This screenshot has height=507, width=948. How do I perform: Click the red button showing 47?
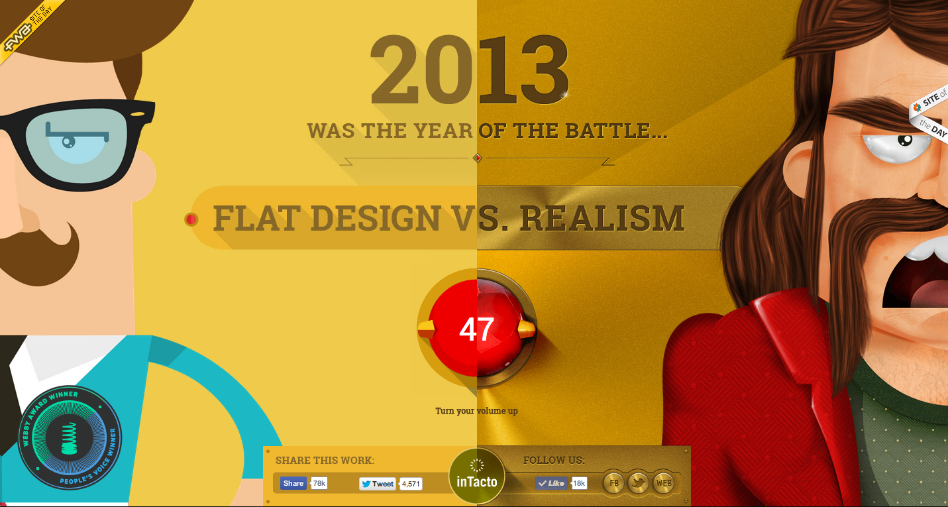point(477,328)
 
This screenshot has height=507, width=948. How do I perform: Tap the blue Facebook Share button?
point(293,483)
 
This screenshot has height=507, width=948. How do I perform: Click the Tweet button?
point(378,484)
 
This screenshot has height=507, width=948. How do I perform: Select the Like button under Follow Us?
point(551,483)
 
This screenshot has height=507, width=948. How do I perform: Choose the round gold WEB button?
point(664,483)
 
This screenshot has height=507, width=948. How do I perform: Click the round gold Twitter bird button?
point(638,483)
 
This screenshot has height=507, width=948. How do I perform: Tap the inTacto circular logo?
point(477,477)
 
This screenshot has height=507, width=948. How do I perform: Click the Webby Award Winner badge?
point(70,438)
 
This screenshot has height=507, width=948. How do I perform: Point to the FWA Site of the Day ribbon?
point(30,30)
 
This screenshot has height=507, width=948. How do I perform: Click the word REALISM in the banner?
point(602,219)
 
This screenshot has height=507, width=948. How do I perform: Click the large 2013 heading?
point(470,70)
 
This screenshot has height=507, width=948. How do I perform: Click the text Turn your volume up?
point(476,411)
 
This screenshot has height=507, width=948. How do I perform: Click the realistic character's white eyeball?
point(896,146)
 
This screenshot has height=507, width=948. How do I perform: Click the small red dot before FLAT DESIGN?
point(191,219)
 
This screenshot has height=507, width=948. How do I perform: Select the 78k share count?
point(319,483)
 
